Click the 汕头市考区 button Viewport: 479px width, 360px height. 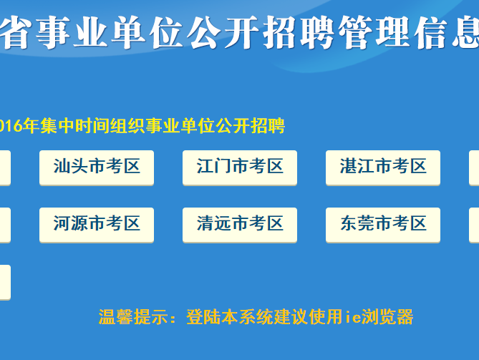[97, 167]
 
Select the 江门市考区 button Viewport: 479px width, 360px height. [240, 167]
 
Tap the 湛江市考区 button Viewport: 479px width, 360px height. [383, 167]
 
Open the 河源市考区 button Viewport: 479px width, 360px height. [97, 225]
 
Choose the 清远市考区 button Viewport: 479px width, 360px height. [240, 225]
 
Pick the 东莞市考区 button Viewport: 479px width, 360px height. [383, 225]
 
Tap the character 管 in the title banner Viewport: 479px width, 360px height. [355, 32]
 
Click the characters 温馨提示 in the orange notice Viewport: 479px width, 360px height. [133, 316]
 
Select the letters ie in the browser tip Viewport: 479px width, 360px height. [353, 316]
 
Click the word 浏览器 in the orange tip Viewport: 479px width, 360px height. [387, 316]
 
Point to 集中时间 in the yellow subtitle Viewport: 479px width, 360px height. [75, 125]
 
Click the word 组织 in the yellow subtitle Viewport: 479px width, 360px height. [127, 125]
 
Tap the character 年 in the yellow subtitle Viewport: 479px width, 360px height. [32, 125]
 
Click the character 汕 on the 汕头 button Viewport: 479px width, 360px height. [62, 166]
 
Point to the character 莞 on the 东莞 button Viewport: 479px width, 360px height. [366, 223]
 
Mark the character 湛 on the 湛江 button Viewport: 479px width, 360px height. [349, 166]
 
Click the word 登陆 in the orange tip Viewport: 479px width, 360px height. [203, 316]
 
